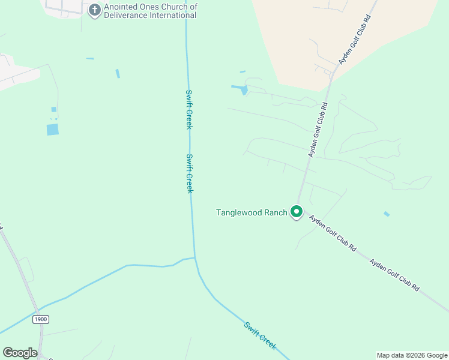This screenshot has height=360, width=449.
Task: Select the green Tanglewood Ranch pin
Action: [296, 212]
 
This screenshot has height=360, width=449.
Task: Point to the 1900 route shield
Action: [40, 319]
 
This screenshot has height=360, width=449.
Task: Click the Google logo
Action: [20, 353]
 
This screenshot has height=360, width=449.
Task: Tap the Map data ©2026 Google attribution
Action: [412, 355]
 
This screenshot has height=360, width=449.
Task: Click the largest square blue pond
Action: [53, 129]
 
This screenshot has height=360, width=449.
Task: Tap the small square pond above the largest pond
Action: [53, 109]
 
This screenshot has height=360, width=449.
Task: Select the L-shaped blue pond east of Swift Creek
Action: [240, 89]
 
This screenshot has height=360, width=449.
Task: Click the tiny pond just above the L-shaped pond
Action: [243, 72]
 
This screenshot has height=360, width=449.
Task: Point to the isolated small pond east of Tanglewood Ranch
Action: [386, 214]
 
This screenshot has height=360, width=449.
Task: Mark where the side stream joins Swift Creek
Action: [195, 258]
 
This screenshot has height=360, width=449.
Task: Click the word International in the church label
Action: [174, 16]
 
